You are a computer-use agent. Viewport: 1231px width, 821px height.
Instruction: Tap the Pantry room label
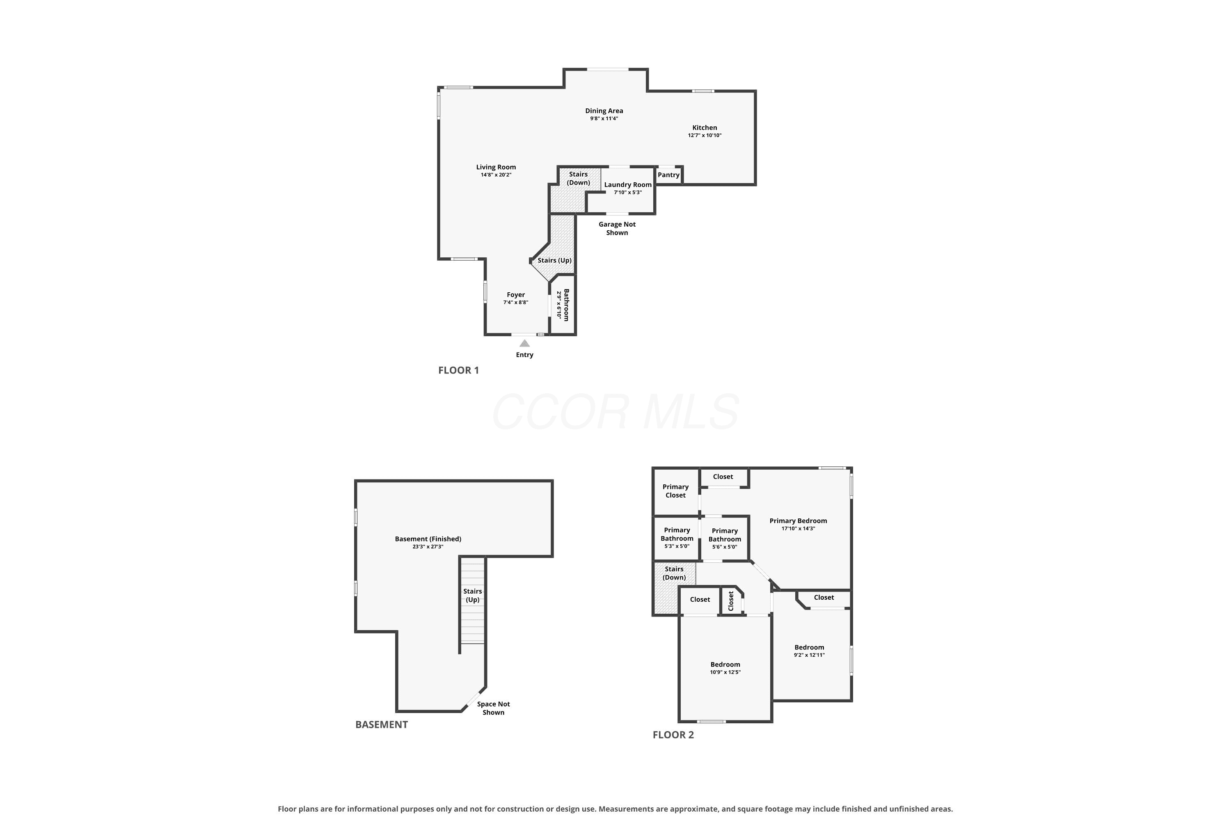(668, 175)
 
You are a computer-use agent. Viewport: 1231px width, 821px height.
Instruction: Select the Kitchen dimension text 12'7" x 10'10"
(705, 135)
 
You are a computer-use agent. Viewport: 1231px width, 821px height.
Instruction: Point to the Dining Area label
(604, 111)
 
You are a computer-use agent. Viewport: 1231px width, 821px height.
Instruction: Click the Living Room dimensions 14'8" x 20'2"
(496, 175)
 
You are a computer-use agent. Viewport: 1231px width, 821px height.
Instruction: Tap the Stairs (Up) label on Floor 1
(555, 260)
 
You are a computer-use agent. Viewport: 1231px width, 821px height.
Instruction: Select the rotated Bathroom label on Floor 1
(566, 305)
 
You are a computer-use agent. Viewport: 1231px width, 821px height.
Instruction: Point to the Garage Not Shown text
(617, 228)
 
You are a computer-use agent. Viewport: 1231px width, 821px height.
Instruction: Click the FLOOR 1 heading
(458, 370)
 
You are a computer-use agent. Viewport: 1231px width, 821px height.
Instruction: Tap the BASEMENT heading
(382, 725)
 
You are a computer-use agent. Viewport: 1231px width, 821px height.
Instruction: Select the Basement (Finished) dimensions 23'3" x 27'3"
(428, 547)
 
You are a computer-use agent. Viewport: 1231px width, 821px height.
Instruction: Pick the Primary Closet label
(676, 491)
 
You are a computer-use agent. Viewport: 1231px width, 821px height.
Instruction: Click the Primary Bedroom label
(798, 521)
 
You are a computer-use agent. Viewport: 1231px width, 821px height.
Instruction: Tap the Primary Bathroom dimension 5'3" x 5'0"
(677, 546)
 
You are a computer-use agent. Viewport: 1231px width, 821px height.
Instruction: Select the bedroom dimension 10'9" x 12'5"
(725, 672)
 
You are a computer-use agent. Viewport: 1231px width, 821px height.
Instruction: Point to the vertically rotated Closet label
(731, 601)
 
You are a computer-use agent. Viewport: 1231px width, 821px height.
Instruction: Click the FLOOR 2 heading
(673, 735)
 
